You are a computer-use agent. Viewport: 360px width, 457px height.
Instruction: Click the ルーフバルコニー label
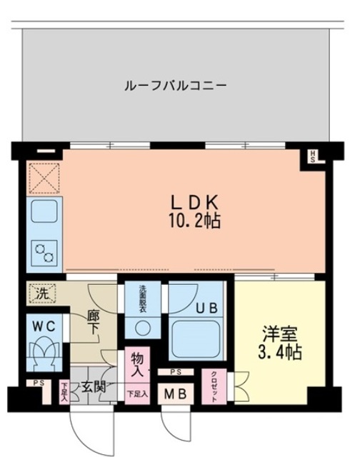click(176, 86)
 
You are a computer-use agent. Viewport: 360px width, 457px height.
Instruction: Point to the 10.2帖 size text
click(189, 221)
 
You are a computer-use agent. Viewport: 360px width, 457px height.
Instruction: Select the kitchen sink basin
click(44, 212)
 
